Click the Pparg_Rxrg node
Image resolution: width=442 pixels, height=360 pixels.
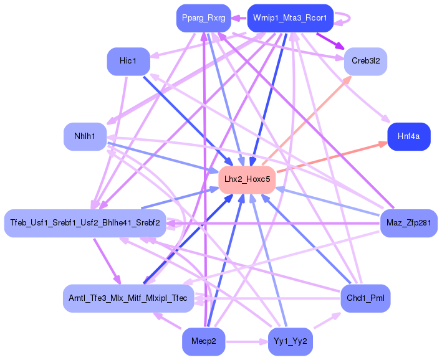tap(203, 18)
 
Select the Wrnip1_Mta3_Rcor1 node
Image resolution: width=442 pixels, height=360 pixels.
tap(291, 18)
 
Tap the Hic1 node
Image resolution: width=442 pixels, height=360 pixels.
tap(128, 62)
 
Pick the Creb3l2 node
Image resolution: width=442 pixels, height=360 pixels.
tap(365, 62)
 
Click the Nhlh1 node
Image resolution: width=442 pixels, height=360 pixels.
tap(85, 136)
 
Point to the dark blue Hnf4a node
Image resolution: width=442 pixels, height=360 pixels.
tap(409, 136)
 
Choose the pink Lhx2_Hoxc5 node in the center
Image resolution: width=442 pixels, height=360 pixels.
tap(247, 180)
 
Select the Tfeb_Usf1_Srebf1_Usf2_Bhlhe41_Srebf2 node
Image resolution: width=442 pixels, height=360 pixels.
tap(85, 223)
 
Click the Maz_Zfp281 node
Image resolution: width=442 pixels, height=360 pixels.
tap(409, 223)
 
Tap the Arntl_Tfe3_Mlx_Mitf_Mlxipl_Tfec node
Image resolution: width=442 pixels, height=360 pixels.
tap(128, 298)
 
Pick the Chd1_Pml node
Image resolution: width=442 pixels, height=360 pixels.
tap(365, 298)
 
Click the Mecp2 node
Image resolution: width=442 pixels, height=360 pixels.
tap(203, 342)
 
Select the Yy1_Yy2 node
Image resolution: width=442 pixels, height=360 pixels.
tap(291, 342)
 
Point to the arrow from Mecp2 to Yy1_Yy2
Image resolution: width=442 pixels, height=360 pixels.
tap(247, 342)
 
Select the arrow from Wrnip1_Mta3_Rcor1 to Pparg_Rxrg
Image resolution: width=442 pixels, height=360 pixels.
tap(239, 18)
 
